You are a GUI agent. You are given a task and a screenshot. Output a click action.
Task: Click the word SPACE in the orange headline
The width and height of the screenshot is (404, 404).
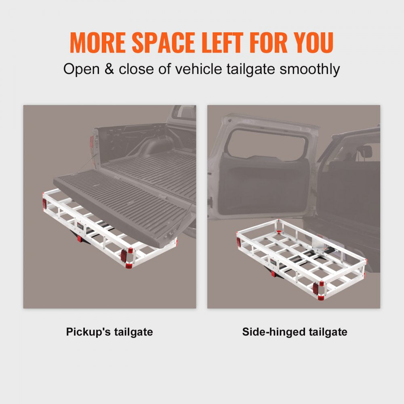[x=163, y=41]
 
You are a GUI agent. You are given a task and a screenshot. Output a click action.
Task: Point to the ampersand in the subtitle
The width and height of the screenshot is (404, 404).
[x=107, y=69]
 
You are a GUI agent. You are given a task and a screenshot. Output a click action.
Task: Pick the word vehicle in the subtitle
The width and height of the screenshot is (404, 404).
[x=198, y=69]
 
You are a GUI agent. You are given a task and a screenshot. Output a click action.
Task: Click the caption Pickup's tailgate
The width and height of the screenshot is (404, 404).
[x=109, y=332]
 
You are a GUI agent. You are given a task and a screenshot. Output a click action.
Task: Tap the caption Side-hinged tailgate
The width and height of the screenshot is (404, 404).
[x=295, y=332]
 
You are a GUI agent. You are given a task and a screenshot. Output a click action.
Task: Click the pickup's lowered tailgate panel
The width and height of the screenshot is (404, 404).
[x=121, y=202]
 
